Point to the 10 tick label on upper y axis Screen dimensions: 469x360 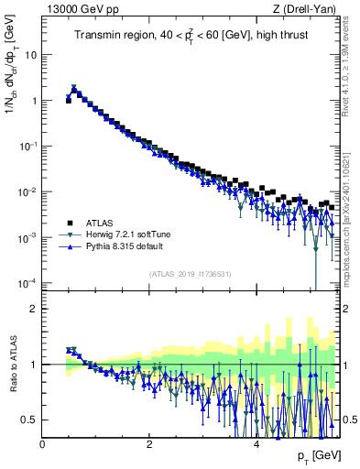coord(29,54)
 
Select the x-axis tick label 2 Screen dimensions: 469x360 coord(149,444)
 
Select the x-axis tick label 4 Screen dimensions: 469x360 coord(256,444)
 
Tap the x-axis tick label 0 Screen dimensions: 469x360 coord(43,444)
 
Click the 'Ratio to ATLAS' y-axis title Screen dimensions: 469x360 coord(12,364)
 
